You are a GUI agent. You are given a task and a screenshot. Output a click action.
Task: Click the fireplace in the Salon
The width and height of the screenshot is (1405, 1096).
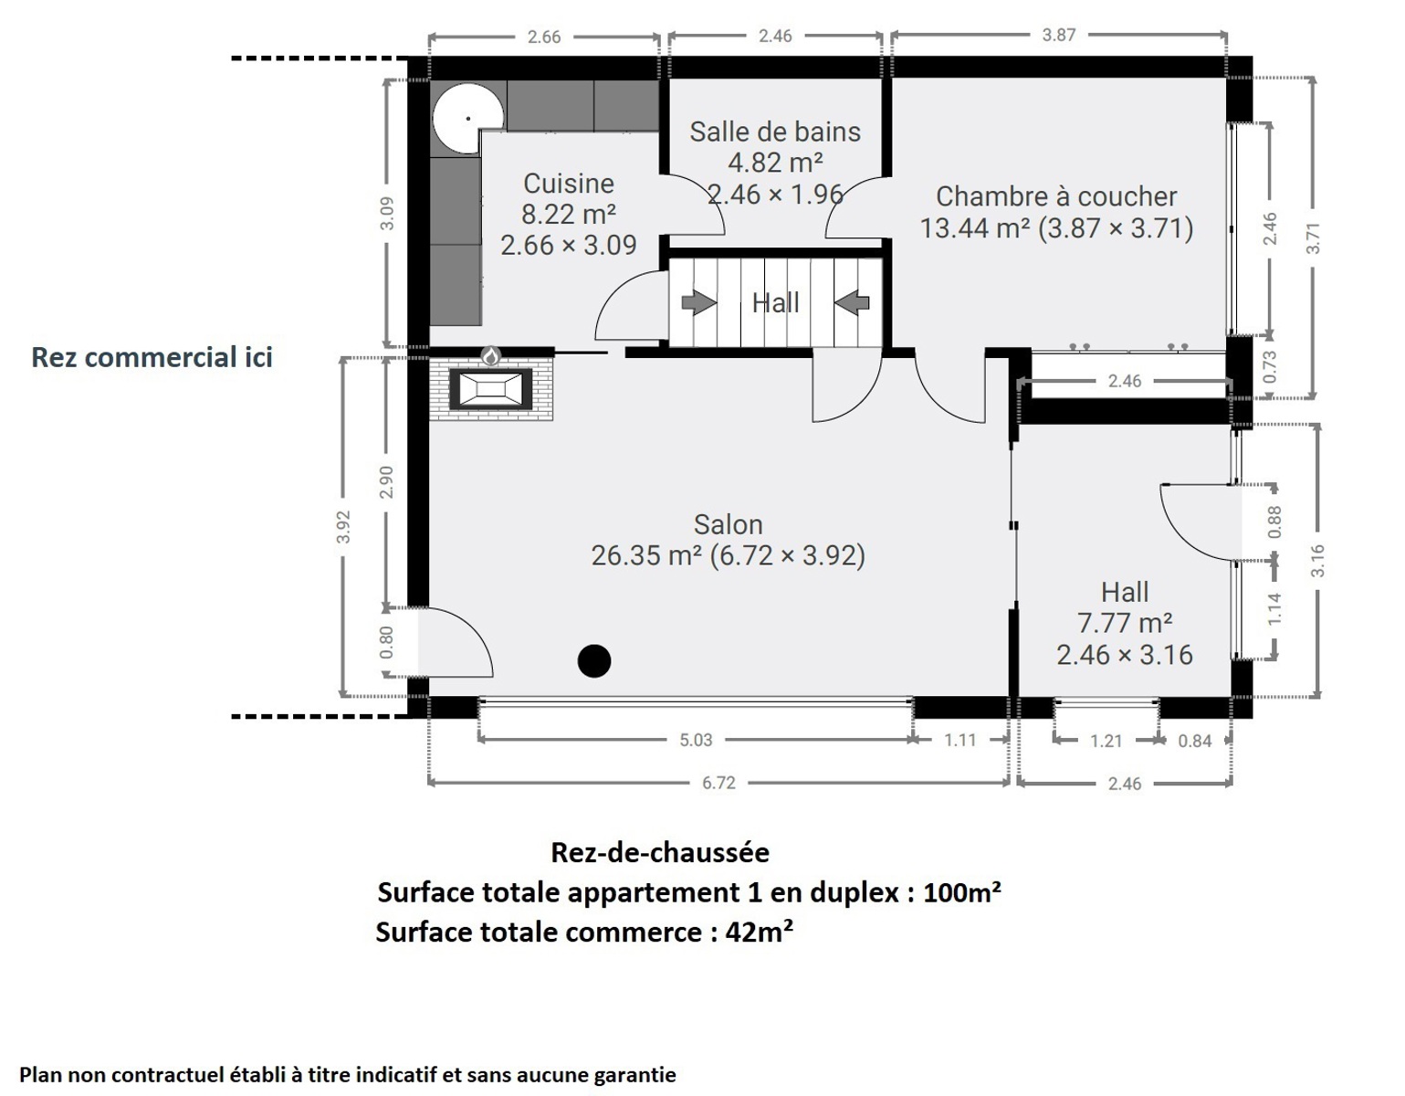491,388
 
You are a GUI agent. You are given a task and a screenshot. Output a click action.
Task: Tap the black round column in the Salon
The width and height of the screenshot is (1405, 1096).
594,661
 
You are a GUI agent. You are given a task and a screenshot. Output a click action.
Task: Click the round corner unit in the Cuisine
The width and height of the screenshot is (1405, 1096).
467,119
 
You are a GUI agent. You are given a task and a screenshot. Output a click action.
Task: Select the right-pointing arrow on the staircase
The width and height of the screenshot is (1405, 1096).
698,302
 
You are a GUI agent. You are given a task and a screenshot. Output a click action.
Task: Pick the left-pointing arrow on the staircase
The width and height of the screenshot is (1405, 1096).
852,302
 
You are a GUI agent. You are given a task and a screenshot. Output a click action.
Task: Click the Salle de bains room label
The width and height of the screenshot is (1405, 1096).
775,132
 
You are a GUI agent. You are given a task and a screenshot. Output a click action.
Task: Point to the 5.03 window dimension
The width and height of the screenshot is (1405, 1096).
696,740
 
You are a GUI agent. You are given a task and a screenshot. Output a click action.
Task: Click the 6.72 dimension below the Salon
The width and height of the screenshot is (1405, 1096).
719,783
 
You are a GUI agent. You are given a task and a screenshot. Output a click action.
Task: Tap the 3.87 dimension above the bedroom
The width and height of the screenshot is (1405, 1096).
1058,35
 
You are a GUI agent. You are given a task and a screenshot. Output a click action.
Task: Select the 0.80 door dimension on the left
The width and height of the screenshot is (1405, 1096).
387,642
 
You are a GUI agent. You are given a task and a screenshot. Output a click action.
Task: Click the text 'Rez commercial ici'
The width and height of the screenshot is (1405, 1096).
152,357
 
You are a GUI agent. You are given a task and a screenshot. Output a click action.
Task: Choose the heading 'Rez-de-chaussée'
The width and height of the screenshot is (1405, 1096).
660,853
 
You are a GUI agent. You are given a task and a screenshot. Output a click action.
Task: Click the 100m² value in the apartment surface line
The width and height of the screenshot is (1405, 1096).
962,892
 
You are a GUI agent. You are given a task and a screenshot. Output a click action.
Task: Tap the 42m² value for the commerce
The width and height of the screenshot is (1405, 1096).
759,933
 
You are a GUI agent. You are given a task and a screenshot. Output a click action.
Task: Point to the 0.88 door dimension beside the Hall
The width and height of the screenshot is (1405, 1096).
1274,522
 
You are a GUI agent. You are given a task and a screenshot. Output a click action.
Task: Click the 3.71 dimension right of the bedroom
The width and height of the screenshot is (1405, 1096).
1313,238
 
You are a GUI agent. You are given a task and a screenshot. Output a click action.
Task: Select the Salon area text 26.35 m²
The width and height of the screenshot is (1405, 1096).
646,555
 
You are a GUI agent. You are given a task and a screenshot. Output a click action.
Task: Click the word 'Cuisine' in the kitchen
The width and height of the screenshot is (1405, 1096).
569,184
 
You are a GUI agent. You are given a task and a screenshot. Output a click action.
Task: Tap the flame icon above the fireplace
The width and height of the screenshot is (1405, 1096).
491,355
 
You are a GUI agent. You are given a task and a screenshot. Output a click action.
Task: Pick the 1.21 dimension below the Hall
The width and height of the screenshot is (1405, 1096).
1106,741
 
